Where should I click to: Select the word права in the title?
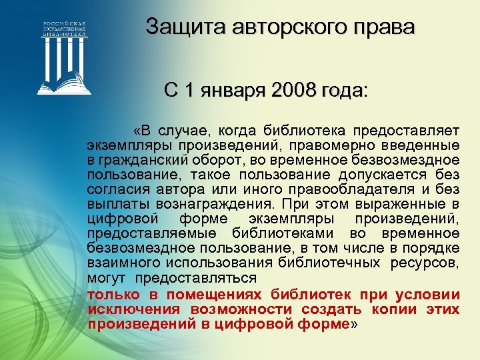(x=389, y=28)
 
